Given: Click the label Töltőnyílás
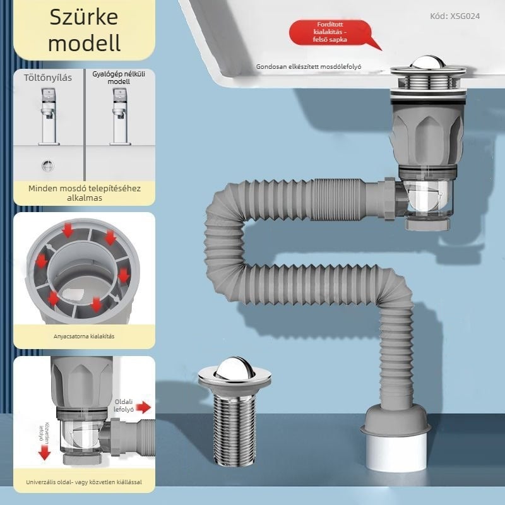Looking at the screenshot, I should (48, 78).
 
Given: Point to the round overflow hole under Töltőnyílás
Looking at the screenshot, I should (48, 165).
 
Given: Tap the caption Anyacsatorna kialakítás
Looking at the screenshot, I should (84, 336).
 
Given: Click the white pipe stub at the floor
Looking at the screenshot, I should (398, 451).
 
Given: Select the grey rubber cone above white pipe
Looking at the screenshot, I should (397, 420).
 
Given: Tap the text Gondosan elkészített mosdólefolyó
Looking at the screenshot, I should (309, 66).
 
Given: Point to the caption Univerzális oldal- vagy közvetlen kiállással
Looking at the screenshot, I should (84, 482).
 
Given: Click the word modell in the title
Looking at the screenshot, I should (84, 44).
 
